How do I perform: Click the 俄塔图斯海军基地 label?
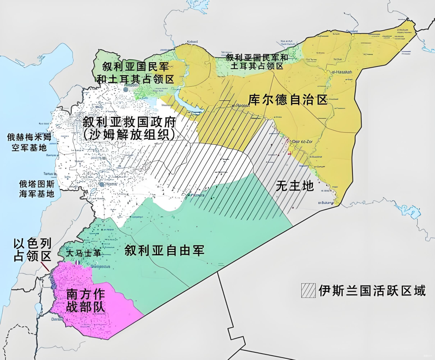pyautogui.click(x=36, y=189)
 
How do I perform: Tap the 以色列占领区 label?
pyautogui.click(x=33, y=250)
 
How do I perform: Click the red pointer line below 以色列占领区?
pyautogui.click(x=46, y=266)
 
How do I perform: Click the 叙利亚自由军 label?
pyautogui.click(x=164, y=251)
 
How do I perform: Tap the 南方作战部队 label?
pyautogui.click(x=85, y=300)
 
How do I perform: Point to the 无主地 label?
pyautogui.click(x=294, y=186)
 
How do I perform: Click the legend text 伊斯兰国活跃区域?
pyautogui.click(x=372, y=291)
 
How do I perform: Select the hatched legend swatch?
pyautogui.click(x=308, y=291)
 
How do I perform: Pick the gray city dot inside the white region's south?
pyautogui.click(x=102, y=185)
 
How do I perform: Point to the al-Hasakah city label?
pyautogui.click(x=342, y=72)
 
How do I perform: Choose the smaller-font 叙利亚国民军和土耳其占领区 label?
pyautogui.click(x=257, y=61)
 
